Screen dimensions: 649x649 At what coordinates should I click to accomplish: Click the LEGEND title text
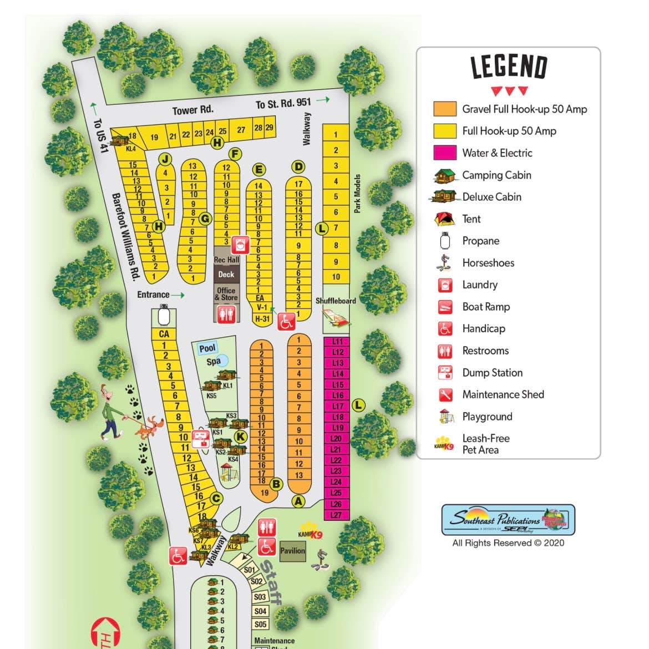click(509, 67)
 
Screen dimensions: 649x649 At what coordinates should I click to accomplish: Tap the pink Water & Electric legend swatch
click(444, 153)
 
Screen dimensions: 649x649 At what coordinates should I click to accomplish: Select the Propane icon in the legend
click(444, 241)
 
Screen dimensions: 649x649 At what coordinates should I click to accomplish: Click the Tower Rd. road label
click(192, 110)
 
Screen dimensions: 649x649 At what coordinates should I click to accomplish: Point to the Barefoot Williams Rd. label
click(125, 236)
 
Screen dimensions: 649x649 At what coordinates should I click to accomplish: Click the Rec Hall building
click(226, 260)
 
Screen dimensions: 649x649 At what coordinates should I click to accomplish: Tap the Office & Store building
click(226, 294)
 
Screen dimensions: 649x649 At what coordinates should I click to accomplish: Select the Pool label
click(207, 348)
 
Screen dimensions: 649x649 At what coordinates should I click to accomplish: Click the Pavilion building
click(292, 551)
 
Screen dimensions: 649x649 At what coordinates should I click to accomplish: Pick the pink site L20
click(336, 439)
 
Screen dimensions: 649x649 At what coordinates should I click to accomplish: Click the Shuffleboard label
click(336, 301)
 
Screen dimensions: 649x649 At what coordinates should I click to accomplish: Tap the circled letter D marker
click(298, 167)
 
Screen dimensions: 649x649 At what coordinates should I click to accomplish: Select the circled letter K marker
click(240, 437)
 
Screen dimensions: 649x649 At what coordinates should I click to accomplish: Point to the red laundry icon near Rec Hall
click(241, 243)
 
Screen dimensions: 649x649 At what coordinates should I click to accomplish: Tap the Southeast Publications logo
click(508, 520)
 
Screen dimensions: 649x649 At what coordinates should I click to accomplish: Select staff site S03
click(260, 597)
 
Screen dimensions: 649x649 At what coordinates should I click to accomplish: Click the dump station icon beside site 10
click(200, 438)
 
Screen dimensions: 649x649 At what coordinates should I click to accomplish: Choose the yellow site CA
click(164, 334)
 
